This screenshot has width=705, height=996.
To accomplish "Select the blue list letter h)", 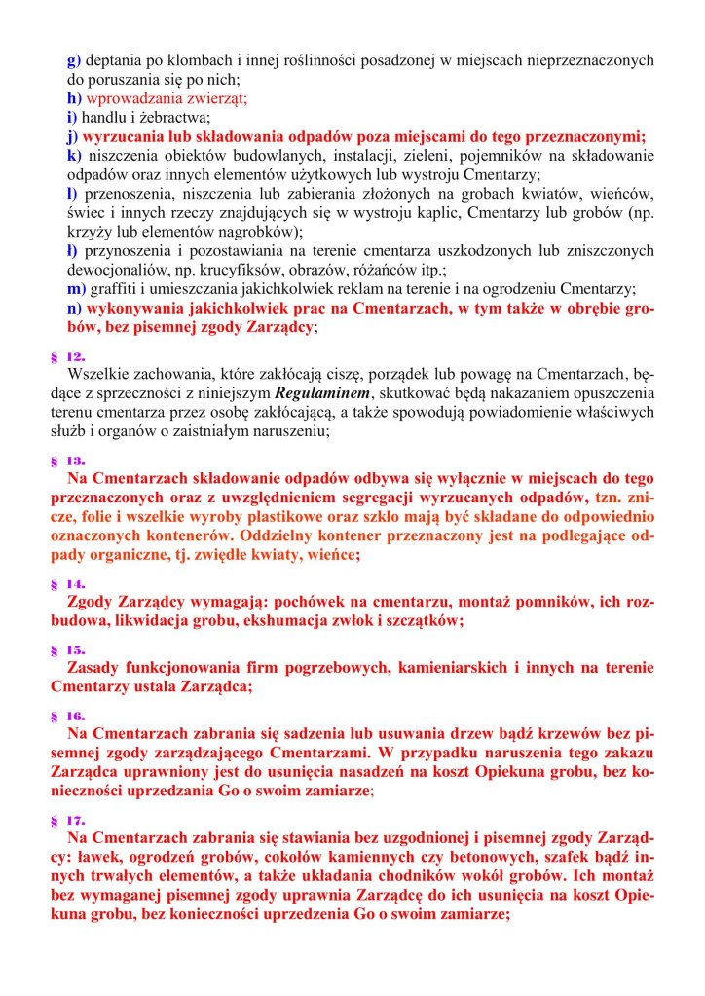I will pos(74,98).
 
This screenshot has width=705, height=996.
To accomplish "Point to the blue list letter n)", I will pos(74,309).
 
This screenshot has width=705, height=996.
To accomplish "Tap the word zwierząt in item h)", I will pos(220,98).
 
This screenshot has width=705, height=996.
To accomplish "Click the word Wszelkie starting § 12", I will pos(97,374).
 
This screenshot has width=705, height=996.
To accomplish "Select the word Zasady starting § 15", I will pos(98,668).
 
